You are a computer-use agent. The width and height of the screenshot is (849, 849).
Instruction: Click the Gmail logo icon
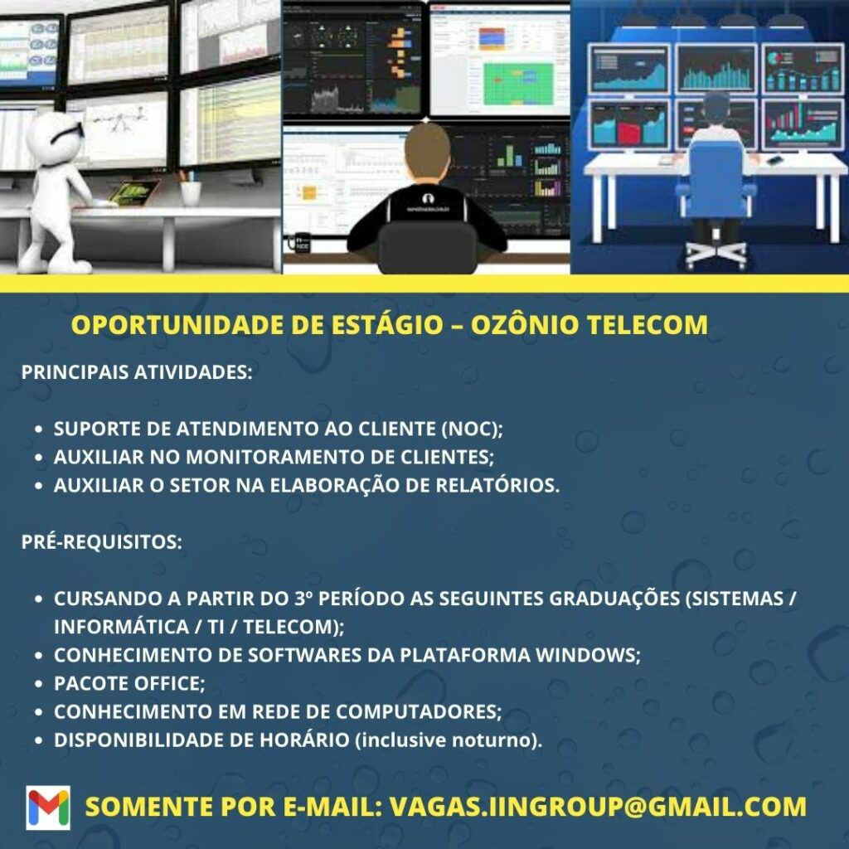[x=48, y=808]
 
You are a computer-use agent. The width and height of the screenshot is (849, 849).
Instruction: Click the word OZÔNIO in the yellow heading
[x=525, y=325]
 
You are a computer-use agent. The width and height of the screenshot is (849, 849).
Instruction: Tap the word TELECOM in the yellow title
[x=648, y=325]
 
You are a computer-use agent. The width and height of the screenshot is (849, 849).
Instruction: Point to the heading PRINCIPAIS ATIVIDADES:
[x=137, y=372]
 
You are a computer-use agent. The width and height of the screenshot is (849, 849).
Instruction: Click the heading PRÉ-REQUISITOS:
[x=102, y=542]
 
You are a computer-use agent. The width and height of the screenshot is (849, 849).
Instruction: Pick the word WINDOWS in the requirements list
[x=588, y=655]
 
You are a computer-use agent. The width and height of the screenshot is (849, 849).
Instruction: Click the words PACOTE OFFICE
[x=129, y=683]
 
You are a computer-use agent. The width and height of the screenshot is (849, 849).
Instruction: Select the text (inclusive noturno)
[x=449, y=740]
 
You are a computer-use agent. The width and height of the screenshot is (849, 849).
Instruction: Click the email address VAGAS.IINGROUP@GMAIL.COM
[x=598, y=806]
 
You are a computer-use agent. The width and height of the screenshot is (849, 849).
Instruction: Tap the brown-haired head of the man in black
[x=427, y=150]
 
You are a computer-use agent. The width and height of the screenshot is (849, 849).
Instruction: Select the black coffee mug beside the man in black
[x=299, y=242]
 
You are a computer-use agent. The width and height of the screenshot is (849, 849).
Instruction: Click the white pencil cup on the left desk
[x=191, y=192]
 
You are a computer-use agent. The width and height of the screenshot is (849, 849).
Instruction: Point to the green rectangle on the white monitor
[x=518, y=84]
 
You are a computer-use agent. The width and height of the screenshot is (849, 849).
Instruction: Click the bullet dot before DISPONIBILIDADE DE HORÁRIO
[x=38, y=740]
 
